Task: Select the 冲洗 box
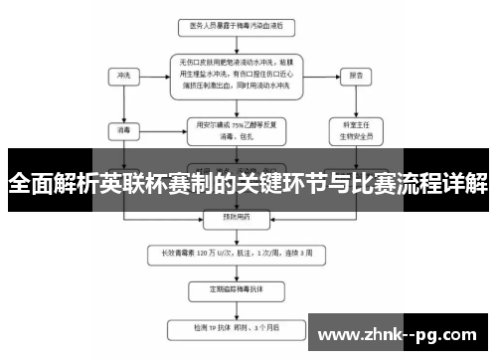(123, 75)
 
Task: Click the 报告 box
(350, 75)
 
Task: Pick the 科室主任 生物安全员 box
(350, 129)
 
